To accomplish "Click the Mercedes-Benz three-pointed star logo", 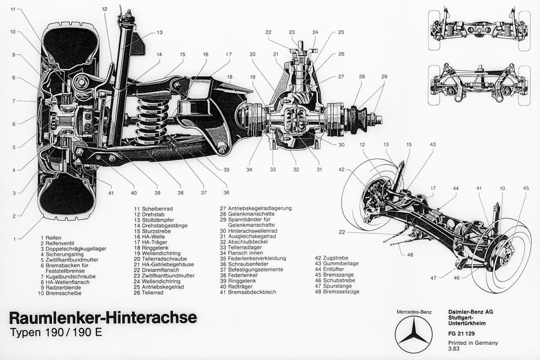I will point(413,334).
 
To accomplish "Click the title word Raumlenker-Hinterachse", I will point(103,318).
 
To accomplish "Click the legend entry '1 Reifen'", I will point(50,238).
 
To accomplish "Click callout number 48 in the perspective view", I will point(410,255).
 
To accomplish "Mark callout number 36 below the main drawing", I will point(226,193).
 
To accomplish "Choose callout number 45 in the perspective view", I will point(526,188).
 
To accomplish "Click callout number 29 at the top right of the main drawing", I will point(384,76).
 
